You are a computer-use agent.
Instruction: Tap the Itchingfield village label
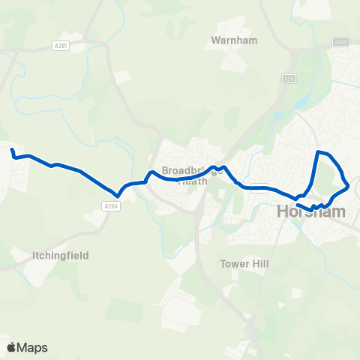click(60, 256)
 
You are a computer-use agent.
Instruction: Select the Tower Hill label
click(238, 264)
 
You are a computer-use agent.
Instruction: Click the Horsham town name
click(311, 211)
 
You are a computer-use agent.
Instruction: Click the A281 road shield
click(61, 45)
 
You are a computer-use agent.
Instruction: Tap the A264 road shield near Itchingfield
click(111, 206)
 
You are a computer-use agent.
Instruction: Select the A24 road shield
click(289, 77)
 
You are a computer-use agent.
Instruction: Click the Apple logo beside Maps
click(12, 347)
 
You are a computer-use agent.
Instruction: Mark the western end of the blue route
click(12, 152)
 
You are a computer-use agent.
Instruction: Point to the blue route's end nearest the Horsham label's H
click(298, 205)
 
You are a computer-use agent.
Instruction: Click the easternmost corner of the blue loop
click(349, 185)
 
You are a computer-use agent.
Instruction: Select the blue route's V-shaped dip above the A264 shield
click(118, 197)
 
